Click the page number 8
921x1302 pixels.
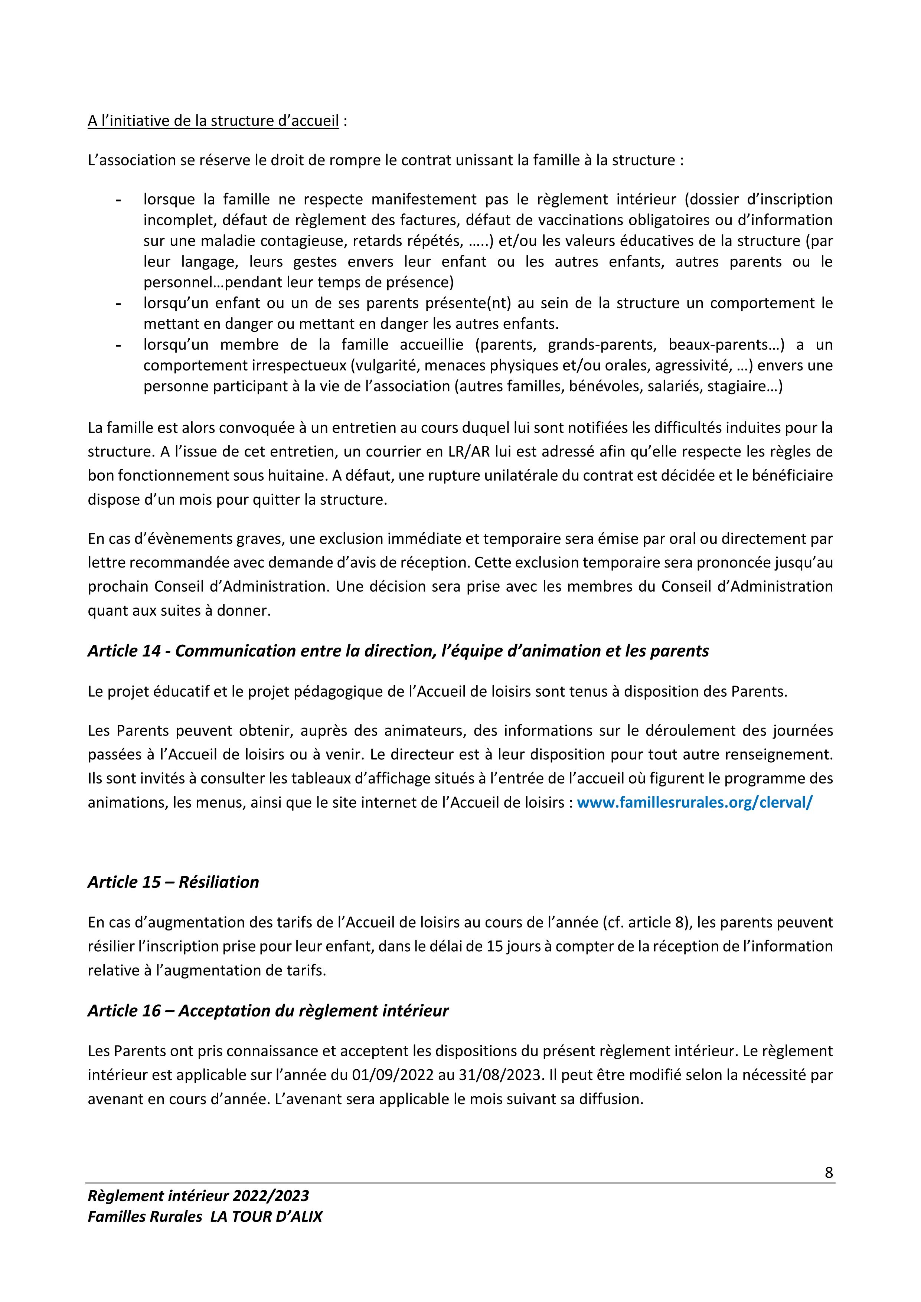pos(829,1172)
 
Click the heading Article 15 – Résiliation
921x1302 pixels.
pos(173,882)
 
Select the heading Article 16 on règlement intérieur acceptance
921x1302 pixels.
pos(268,1011)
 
